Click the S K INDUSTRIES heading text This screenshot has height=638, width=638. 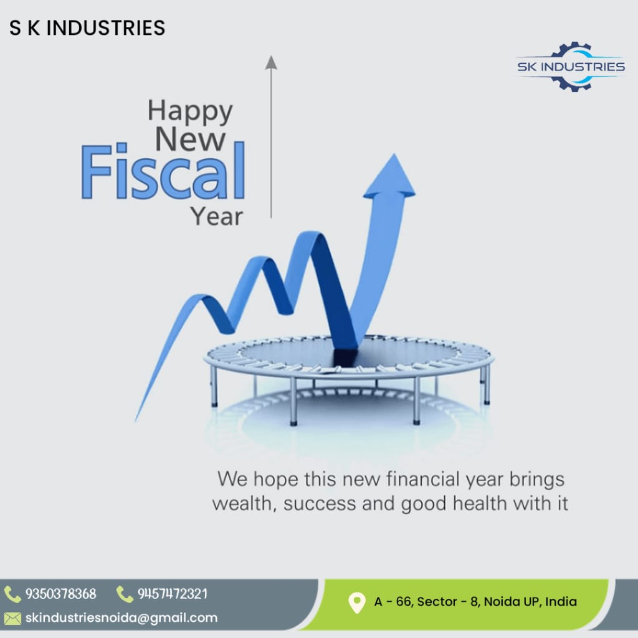pos(87,28)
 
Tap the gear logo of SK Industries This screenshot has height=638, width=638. pos(571,66)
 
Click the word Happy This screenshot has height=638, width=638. pos(190,111)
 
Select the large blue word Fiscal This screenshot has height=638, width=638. pos(163,171)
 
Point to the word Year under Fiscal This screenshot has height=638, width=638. pos(217,216)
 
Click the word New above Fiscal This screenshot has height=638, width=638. pos(191,139)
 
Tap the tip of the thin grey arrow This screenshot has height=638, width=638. pos(271,56)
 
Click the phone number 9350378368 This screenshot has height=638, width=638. pos(61,594)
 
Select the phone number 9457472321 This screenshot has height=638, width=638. pos(173,594)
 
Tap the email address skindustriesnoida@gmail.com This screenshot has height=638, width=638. pos(121,617)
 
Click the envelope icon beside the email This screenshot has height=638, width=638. pos(12,619)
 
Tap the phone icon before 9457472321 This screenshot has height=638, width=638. pos(125,594)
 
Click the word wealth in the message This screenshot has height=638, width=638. pos(244,503)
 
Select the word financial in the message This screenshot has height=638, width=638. pos(423,479)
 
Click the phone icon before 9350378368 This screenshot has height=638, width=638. pos(12,594)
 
